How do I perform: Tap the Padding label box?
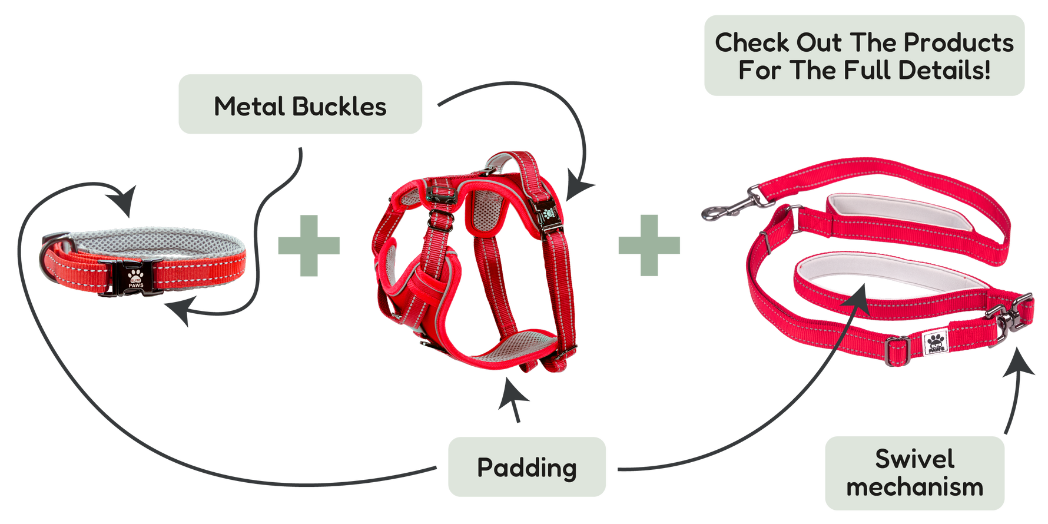click(x=527, y=467)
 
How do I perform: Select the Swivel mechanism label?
click(x=914, y=473)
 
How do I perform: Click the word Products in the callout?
click(x=959, y=42)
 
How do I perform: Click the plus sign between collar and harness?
click(x=309, y=246)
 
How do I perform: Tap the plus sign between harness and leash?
click(x=649, y=245)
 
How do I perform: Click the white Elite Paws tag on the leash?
click(x=935, y=343)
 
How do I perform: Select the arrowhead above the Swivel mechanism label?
click(x=1019, y=362)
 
